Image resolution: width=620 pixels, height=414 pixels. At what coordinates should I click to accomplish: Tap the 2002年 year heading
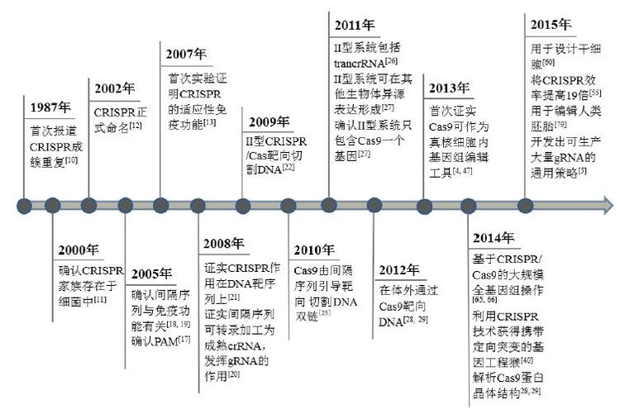tap(114, 89)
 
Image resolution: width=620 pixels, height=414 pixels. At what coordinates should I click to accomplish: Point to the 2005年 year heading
tap(152, 274)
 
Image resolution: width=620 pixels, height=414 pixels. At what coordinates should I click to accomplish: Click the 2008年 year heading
tap(224, 244)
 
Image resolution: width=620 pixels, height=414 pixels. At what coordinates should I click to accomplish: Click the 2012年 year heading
tap(401, 269)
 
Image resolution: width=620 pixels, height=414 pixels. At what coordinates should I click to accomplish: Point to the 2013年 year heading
tap(449, 88)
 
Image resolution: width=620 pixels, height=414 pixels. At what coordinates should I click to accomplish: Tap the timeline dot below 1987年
tap(26, 205)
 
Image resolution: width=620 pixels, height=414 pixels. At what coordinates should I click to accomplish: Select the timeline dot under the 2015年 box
tap(522, 205)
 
